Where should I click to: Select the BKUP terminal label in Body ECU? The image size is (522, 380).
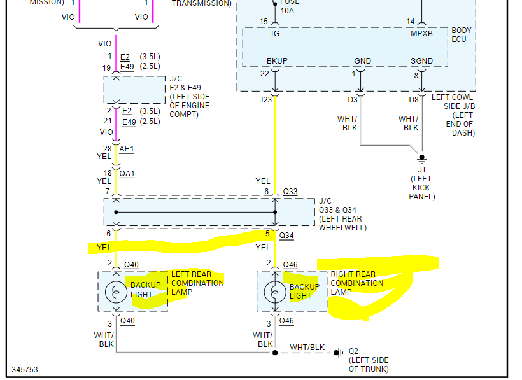[x=277, y=61]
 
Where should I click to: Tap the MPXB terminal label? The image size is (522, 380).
[x=422, y=34]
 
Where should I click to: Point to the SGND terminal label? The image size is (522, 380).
[x=421, y=61]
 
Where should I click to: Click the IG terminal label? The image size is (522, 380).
[x=275, y=34]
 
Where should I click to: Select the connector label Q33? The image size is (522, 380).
[x=290, y=192]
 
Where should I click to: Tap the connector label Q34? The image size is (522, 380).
[x=287, y=235]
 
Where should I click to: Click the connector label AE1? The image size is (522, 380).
[x=127, y=148]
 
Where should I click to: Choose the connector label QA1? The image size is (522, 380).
[x=127, y=173]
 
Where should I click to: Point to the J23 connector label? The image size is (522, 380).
[x=265, y=99]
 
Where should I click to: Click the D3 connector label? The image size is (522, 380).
[x=353, y=99]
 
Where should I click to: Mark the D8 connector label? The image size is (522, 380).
[x=414, y=99]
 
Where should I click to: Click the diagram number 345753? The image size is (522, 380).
[x=25, y=369]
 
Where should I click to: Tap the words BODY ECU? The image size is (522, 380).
[x=462, y=35]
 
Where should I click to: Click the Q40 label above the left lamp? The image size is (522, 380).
[x=131, y=264]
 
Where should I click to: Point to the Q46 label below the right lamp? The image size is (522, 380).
[x=286, y=321]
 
